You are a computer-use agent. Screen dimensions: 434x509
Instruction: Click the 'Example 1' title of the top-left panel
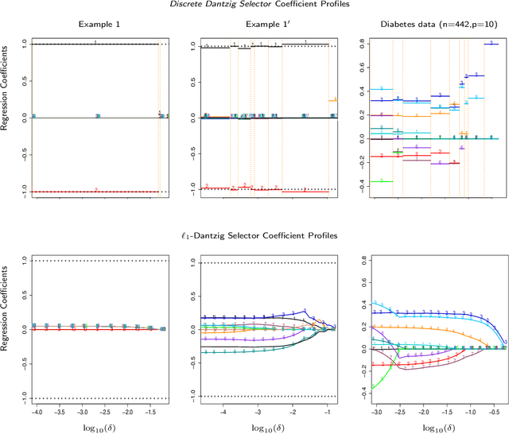[96, 25]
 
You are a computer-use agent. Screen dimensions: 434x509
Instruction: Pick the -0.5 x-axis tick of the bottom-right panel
[492, 413]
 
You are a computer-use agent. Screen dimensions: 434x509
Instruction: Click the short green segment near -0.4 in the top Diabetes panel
[381, 182]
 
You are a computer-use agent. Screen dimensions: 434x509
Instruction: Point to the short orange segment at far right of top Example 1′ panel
[332, 100]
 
